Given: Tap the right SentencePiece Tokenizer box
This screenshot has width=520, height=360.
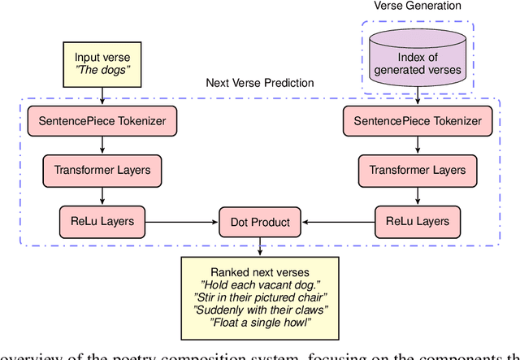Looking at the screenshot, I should point(417,121).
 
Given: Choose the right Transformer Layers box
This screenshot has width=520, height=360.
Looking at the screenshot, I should point(417,171).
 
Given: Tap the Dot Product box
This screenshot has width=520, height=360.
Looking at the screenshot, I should point(259,219).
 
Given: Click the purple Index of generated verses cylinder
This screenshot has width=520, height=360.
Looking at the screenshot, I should point(416,59).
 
